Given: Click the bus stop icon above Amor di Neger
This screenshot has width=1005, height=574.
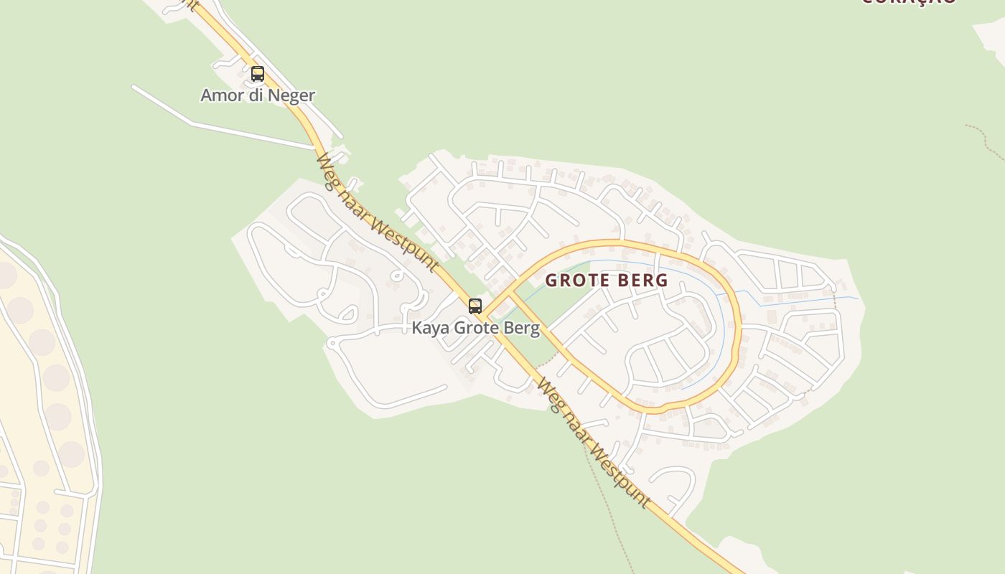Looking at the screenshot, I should coord(258,73).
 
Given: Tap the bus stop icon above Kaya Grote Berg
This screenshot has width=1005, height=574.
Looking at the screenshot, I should coord(475,306).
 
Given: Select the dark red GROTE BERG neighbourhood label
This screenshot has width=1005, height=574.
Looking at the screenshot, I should coord(607,281).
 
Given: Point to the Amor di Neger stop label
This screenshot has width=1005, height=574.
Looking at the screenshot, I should coord(258,95).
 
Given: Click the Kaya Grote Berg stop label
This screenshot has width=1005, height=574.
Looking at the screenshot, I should coord(475,329).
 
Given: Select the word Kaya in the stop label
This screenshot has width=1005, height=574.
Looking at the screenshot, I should coord(429,329).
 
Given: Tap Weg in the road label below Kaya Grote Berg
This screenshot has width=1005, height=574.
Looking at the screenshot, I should coord(547,392).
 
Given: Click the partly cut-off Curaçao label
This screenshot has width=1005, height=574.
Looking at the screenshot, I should coord(908,2).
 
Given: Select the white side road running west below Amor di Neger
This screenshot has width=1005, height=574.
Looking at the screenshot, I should coord(215,129).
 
